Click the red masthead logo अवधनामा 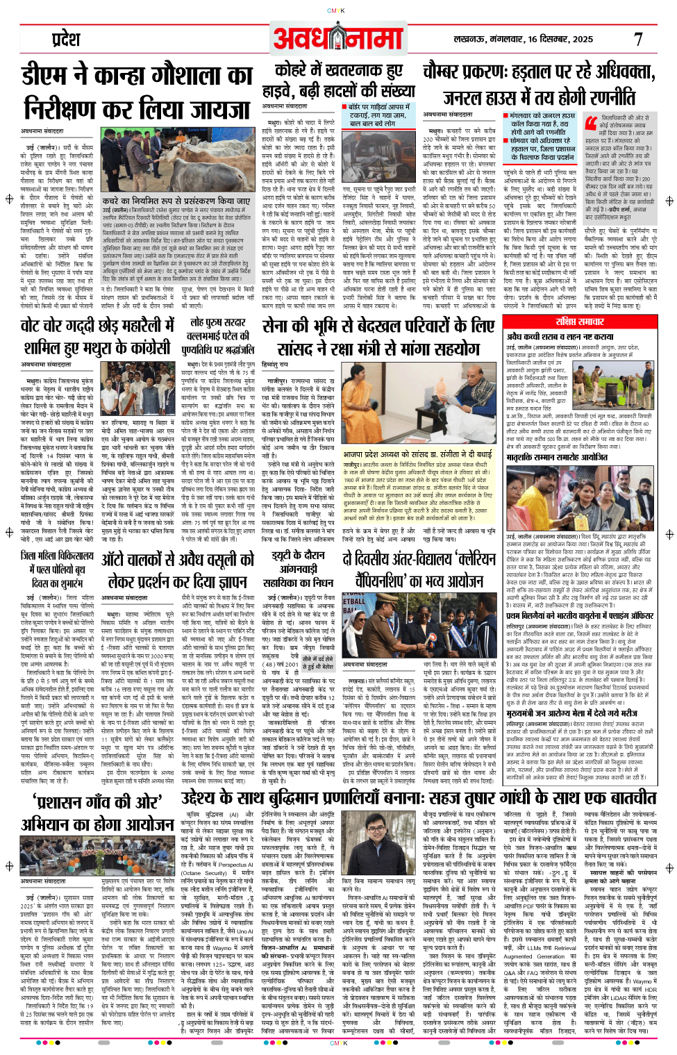(337, 39)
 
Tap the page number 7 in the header (638, 40)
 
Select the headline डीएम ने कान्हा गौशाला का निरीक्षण (137, 92)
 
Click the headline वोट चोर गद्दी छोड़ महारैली (97, 336)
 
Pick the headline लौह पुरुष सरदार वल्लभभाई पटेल (217, 336)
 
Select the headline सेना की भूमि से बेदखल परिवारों (378, 336)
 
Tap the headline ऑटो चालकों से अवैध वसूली (178, 570)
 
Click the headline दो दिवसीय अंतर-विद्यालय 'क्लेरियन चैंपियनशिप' (419, 570)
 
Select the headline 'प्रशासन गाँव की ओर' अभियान (97, 813)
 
